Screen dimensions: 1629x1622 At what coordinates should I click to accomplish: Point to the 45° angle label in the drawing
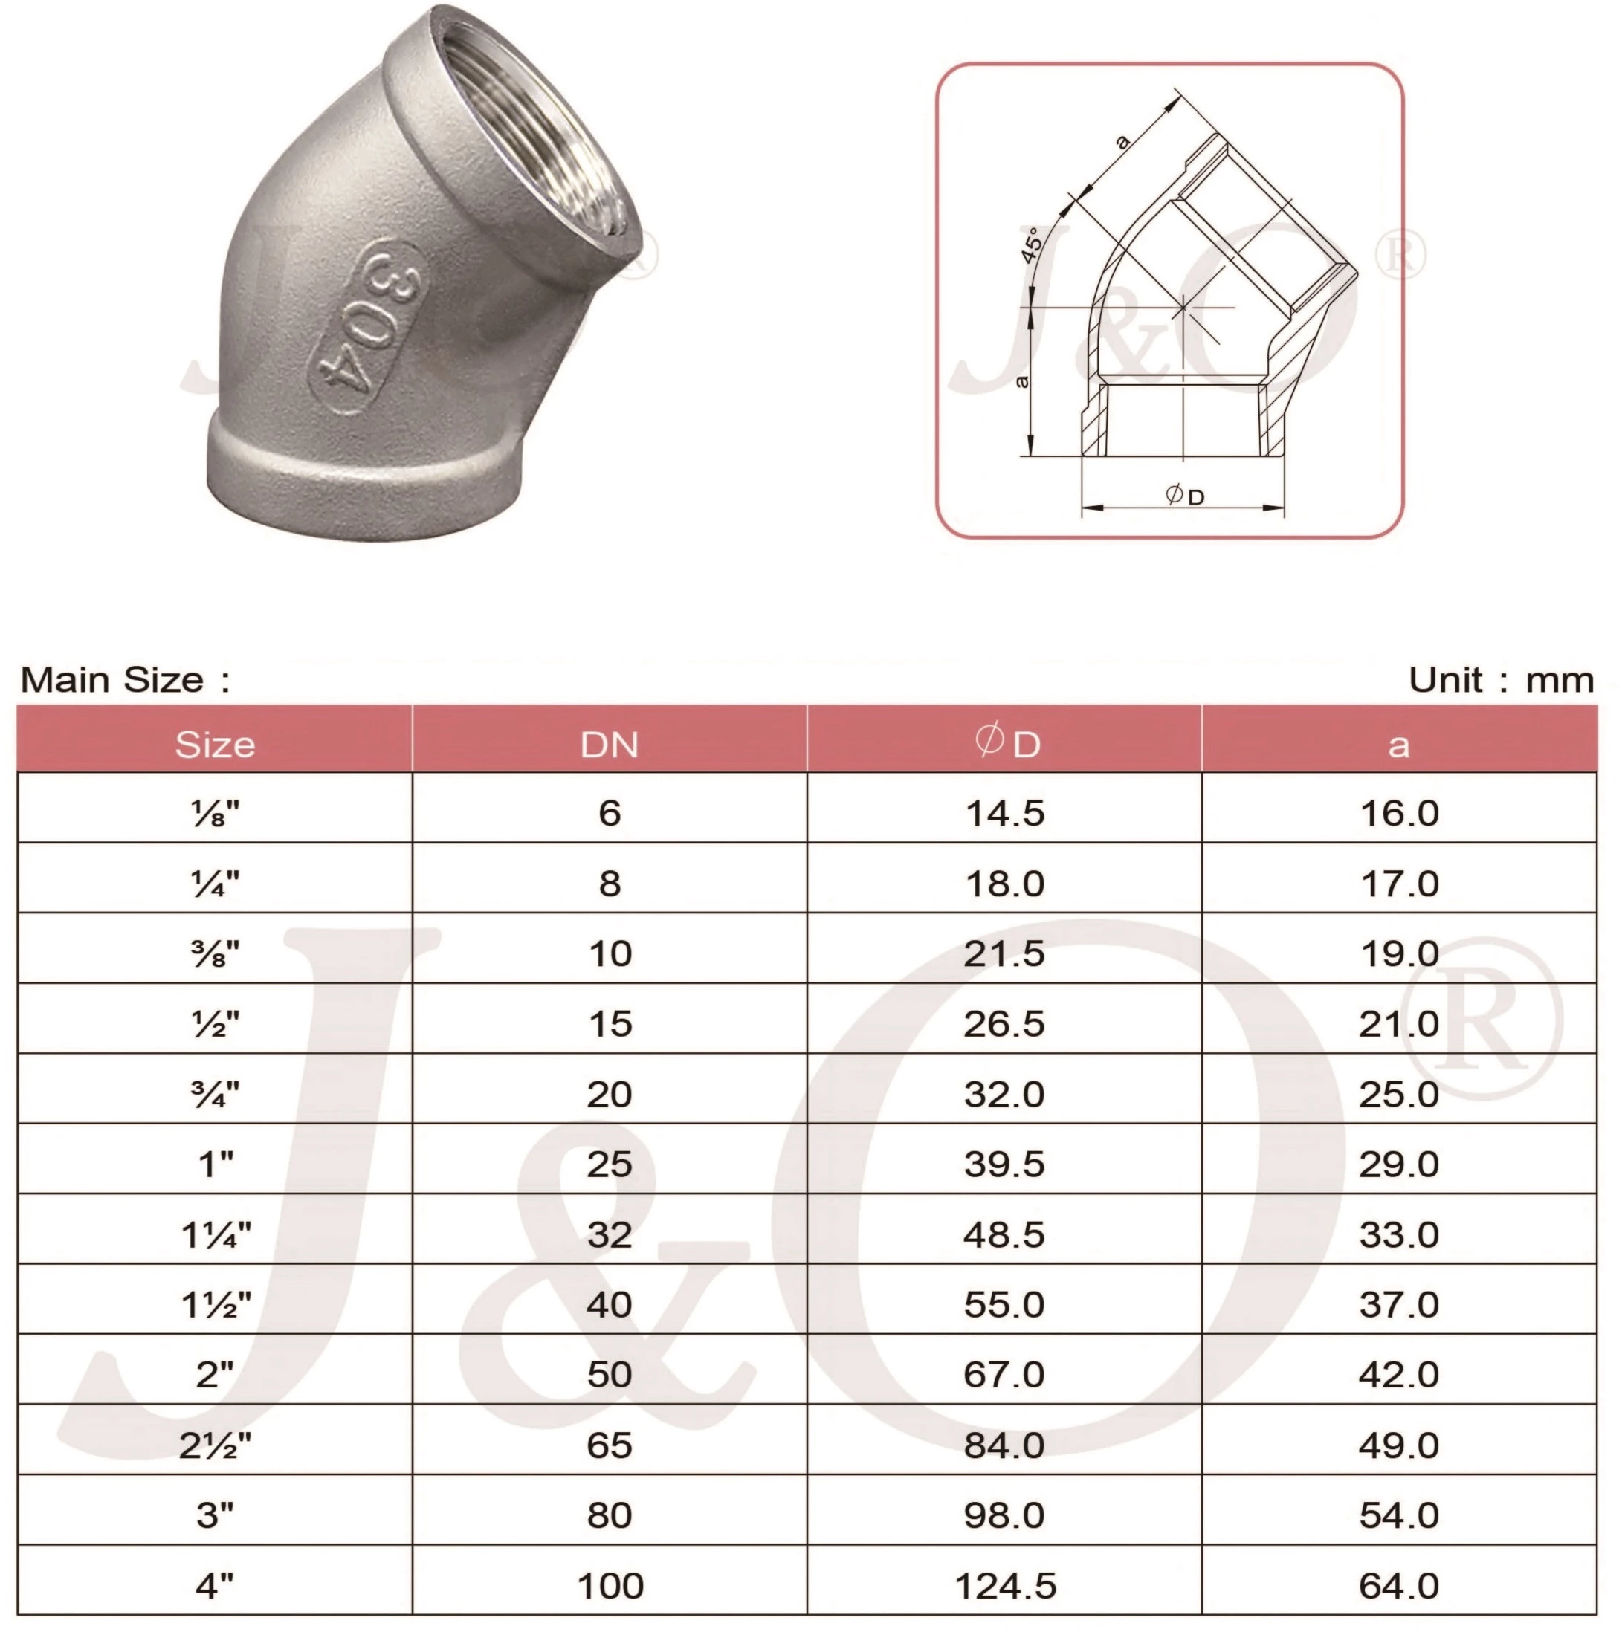click(1031, 244)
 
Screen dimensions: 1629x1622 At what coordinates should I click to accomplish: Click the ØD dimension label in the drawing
click(1184, 496)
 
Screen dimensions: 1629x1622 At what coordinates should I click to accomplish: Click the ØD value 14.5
click(1004, 814)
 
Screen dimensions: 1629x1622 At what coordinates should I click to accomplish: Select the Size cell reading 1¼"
click(216, 1235)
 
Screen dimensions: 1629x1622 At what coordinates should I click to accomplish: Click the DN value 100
click(610, 1586)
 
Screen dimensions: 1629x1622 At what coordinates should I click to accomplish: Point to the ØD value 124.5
click(1004, 1586)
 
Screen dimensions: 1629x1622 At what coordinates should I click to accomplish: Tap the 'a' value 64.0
click(1398, 1586)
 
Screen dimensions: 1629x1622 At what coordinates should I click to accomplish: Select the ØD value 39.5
click(1004, 1165)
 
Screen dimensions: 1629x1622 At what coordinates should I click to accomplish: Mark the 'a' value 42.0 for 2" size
click(1398, 1375)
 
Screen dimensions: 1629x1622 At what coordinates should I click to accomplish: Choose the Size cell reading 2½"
click(216, 1446)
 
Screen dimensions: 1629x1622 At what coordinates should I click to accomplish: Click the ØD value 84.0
click(1004, 1446)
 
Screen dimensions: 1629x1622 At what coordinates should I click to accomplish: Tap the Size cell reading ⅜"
click(216, 954)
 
